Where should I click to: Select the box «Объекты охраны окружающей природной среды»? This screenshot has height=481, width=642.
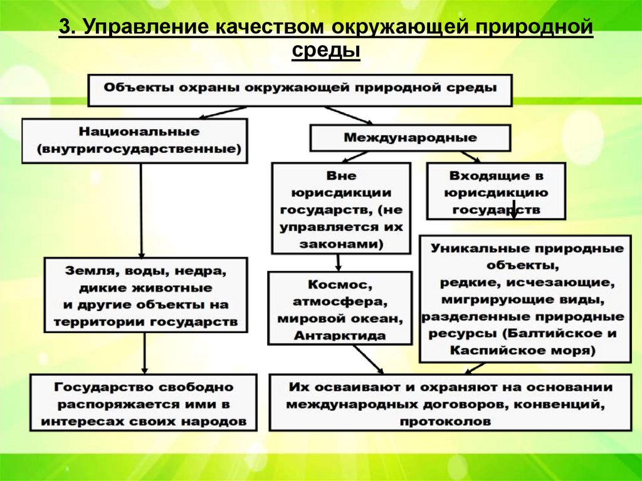[x=300, y=88]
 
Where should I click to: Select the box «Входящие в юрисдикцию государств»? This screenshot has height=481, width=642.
[x=495, y=192]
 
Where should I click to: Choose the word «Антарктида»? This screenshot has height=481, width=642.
[x=340, y=336]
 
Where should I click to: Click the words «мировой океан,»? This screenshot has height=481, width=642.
[x=340, y=319]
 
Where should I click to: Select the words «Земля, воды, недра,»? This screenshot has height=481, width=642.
[x=144, y=272]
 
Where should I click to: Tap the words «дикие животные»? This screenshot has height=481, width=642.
[x=144, y=288]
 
